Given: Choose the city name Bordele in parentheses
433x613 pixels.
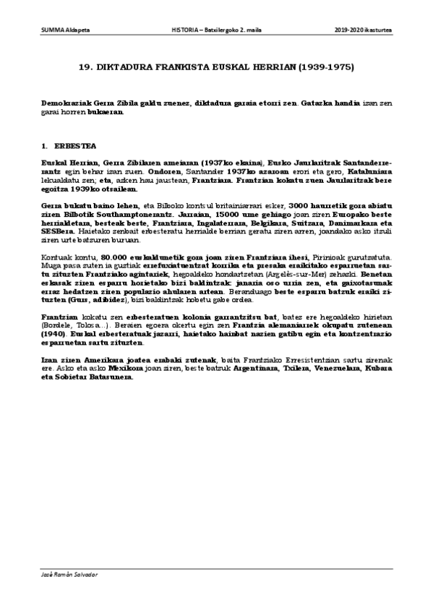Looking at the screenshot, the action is pos(57,327).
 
